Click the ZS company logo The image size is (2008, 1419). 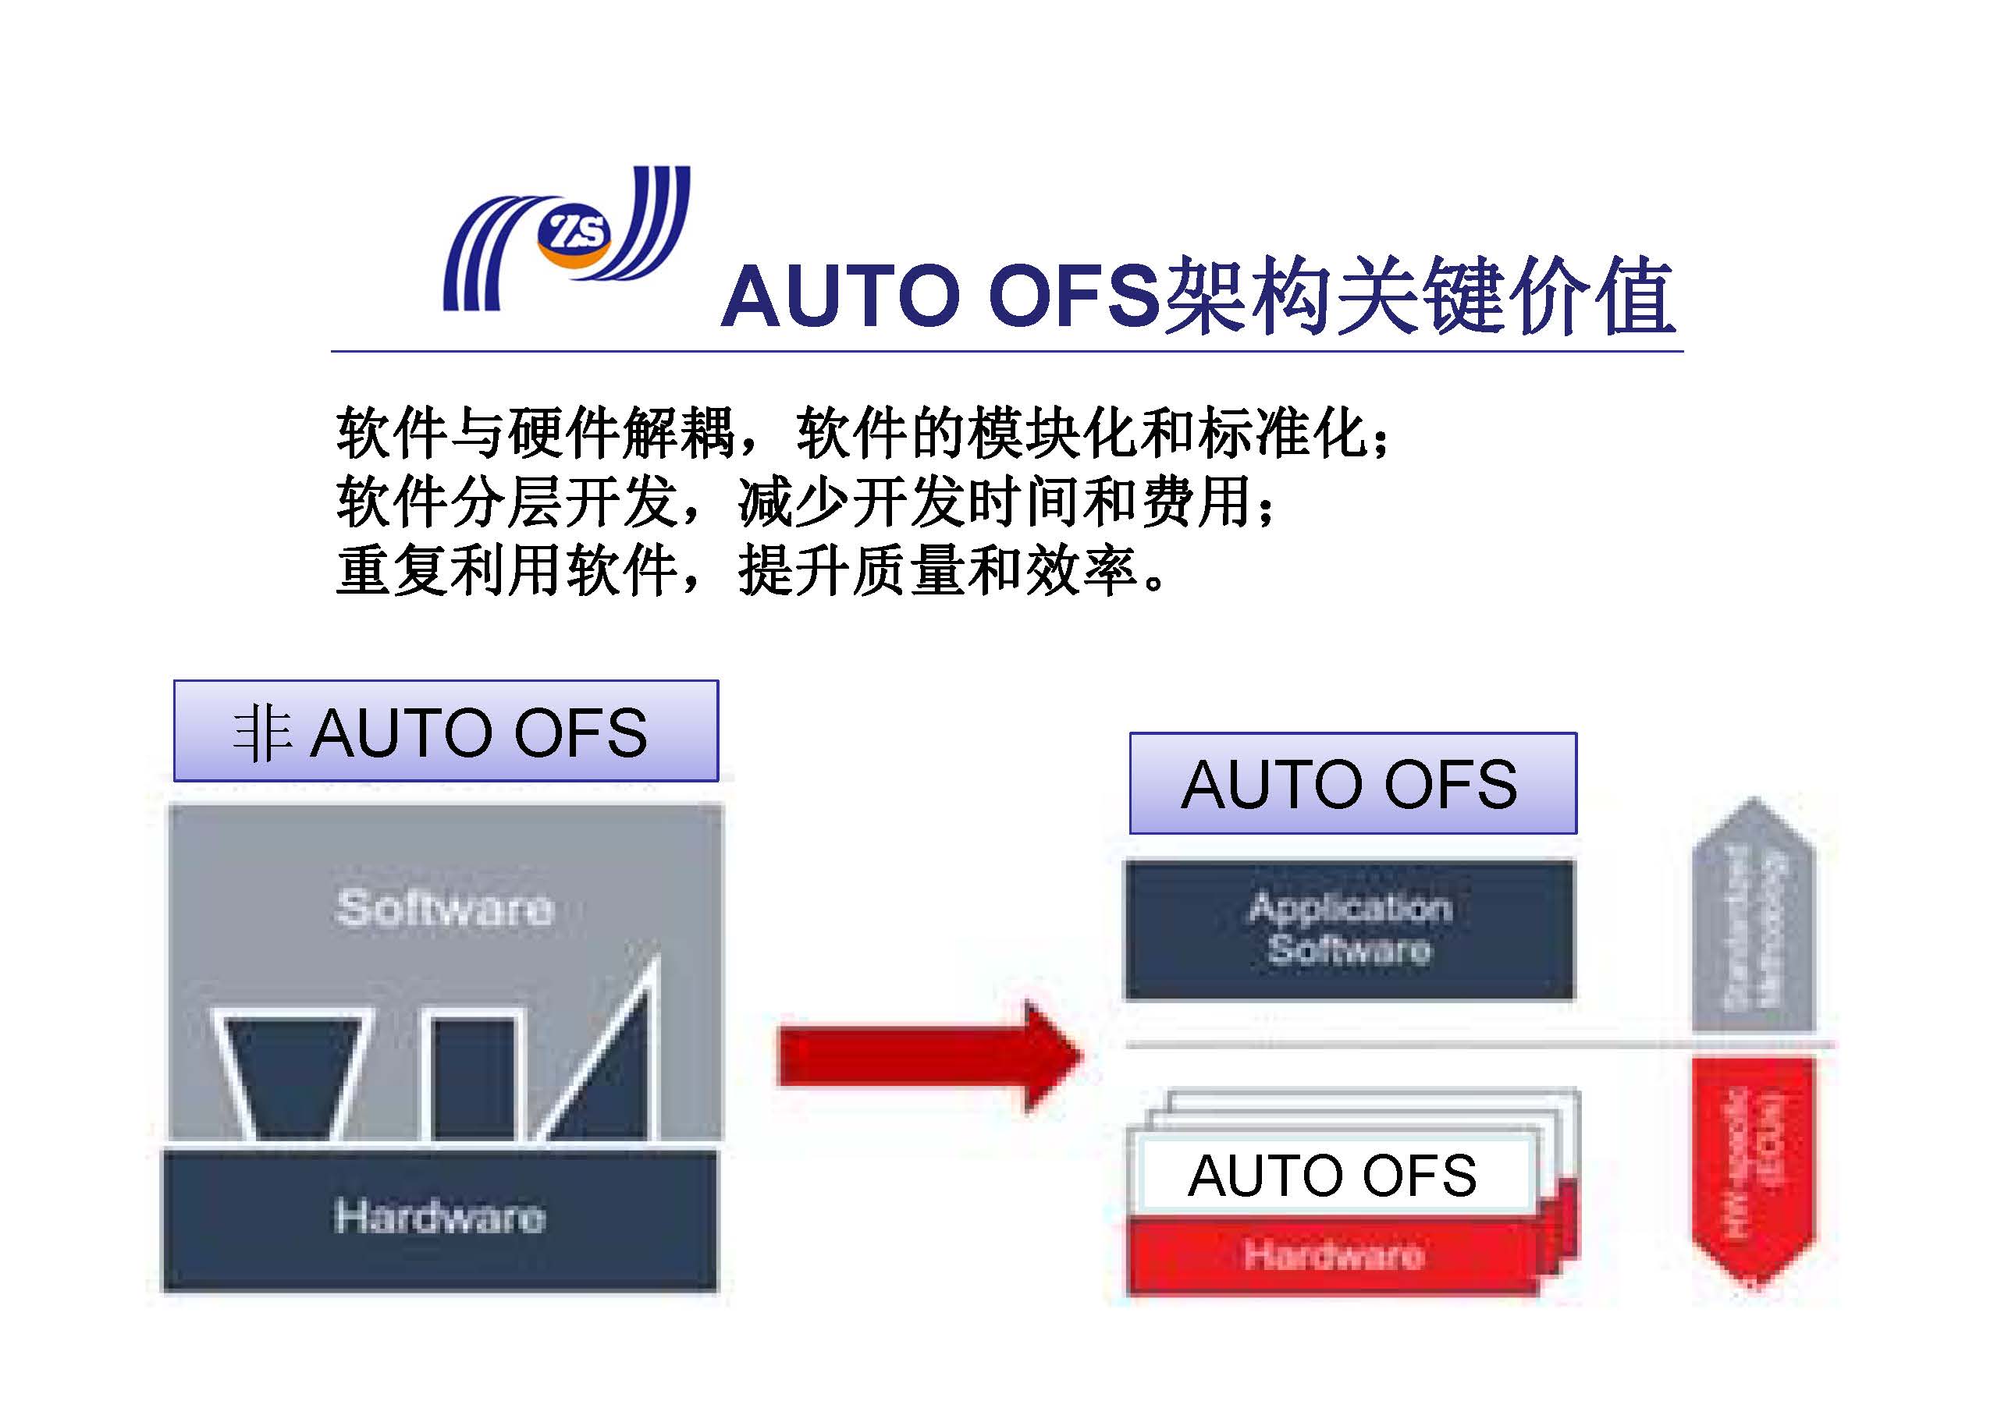click(567, 238)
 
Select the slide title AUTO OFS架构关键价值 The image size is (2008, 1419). click(1196, 296)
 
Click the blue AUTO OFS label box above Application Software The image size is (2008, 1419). click(1352, 783)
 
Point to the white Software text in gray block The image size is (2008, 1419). click(445, 907)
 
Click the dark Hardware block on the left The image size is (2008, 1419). click(440, 1219)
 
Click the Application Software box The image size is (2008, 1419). click(1349, 929)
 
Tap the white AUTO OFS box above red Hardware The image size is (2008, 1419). click(1334, 1174)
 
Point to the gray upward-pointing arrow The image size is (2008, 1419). click(1754, 918)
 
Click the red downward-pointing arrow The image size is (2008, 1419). click(1754, 1167)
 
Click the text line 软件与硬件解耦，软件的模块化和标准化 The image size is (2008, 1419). click(862, 434)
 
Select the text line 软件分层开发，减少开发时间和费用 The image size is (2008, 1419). click(805, 502)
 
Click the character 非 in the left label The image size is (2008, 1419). click(261, 733)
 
